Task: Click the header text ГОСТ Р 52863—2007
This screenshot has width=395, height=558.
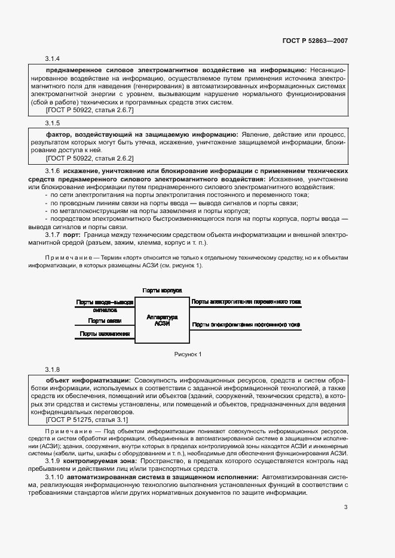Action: pos(315,42)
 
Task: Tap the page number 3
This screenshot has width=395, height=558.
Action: pos(345,508)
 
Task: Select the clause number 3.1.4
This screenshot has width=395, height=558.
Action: pos(53,58)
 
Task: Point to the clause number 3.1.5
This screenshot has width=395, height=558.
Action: pos(53,123)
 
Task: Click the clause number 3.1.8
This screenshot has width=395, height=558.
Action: pos(53,370)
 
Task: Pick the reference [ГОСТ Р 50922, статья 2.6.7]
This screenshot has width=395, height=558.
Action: pos(90,110)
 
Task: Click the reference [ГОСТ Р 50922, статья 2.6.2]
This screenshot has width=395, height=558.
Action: pos(90,159)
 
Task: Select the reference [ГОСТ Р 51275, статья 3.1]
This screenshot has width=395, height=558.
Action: pos(87,420)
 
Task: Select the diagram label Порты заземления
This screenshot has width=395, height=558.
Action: pos(105,334)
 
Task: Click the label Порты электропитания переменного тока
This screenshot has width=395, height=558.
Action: pos(246,302)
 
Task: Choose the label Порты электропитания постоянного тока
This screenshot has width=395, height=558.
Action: pos(246,325)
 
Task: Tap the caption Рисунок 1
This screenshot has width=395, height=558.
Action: pos(188,354)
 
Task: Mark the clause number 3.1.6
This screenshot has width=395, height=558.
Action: pos(53,171)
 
